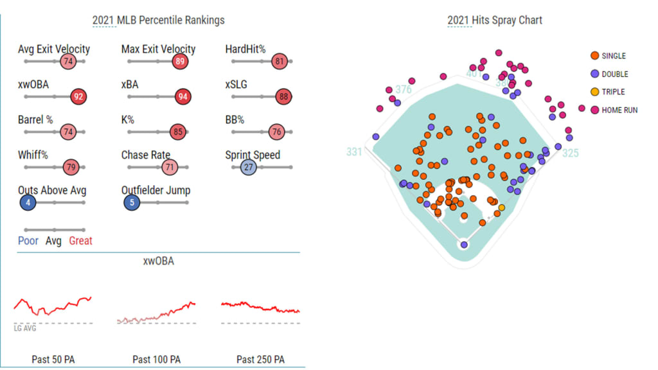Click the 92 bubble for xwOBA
tap(78, 97)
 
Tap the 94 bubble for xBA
tap(183, 97)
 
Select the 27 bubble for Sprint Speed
tap(248, 168)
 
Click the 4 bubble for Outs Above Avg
tap(27, 203)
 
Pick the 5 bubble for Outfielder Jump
tap(132, 203)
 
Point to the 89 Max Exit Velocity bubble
tap(181, 62)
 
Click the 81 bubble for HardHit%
tap(279, 62)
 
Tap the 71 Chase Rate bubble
tap(170, 168)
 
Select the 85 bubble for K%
tap(178, 132)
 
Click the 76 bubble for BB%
tap(276, 132)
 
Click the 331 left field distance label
tap(354, 152)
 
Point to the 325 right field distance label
tap(570, 154)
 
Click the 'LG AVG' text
tap(25, 328)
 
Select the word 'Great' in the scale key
tap(81, 241)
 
